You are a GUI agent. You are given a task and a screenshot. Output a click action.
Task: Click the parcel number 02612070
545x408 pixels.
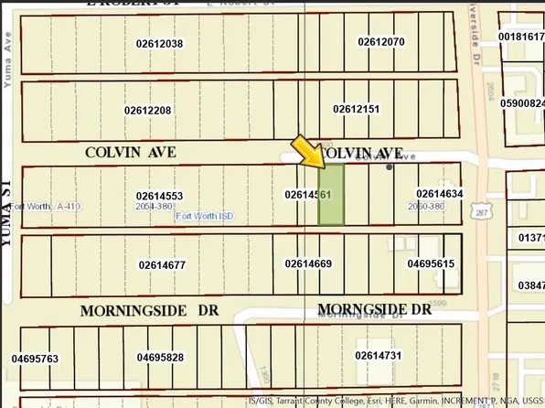coord(381,41)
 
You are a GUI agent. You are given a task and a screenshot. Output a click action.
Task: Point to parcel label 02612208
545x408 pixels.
coord(148,110)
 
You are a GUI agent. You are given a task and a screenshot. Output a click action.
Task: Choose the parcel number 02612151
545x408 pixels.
coord(356,108)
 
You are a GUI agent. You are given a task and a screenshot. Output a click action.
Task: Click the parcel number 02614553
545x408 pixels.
coord(160,196)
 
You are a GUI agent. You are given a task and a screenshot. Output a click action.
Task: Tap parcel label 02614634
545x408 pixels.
coord(440,193)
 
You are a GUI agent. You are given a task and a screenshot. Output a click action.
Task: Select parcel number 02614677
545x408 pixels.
coord(163,265)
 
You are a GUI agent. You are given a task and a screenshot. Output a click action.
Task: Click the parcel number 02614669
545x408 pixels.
coord(308,263)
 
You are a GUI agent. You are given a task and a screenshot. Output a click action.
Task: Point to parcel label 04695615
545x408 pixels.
coord(431,263)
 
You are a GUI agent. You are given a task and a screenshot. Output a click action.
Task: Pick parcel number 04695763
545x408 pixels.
coord(36,358)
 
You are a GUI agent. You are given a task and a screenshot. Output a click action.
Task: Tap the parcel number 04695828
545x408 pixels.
coord(160,357)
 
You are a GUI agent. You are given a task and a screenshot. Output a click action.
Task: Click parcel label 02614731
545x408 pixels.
coord(379,354)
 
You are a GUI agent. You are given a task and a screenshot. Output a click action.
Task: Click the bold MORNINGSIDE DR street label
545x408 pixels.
coord(149,311)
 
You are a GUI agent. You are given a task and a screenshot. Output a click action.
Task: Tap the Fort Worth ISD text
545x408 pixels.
coord(205,216)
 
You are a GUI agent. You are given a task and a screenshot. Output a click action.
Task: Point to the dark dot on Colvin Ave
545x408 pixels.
coord(390,166)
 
